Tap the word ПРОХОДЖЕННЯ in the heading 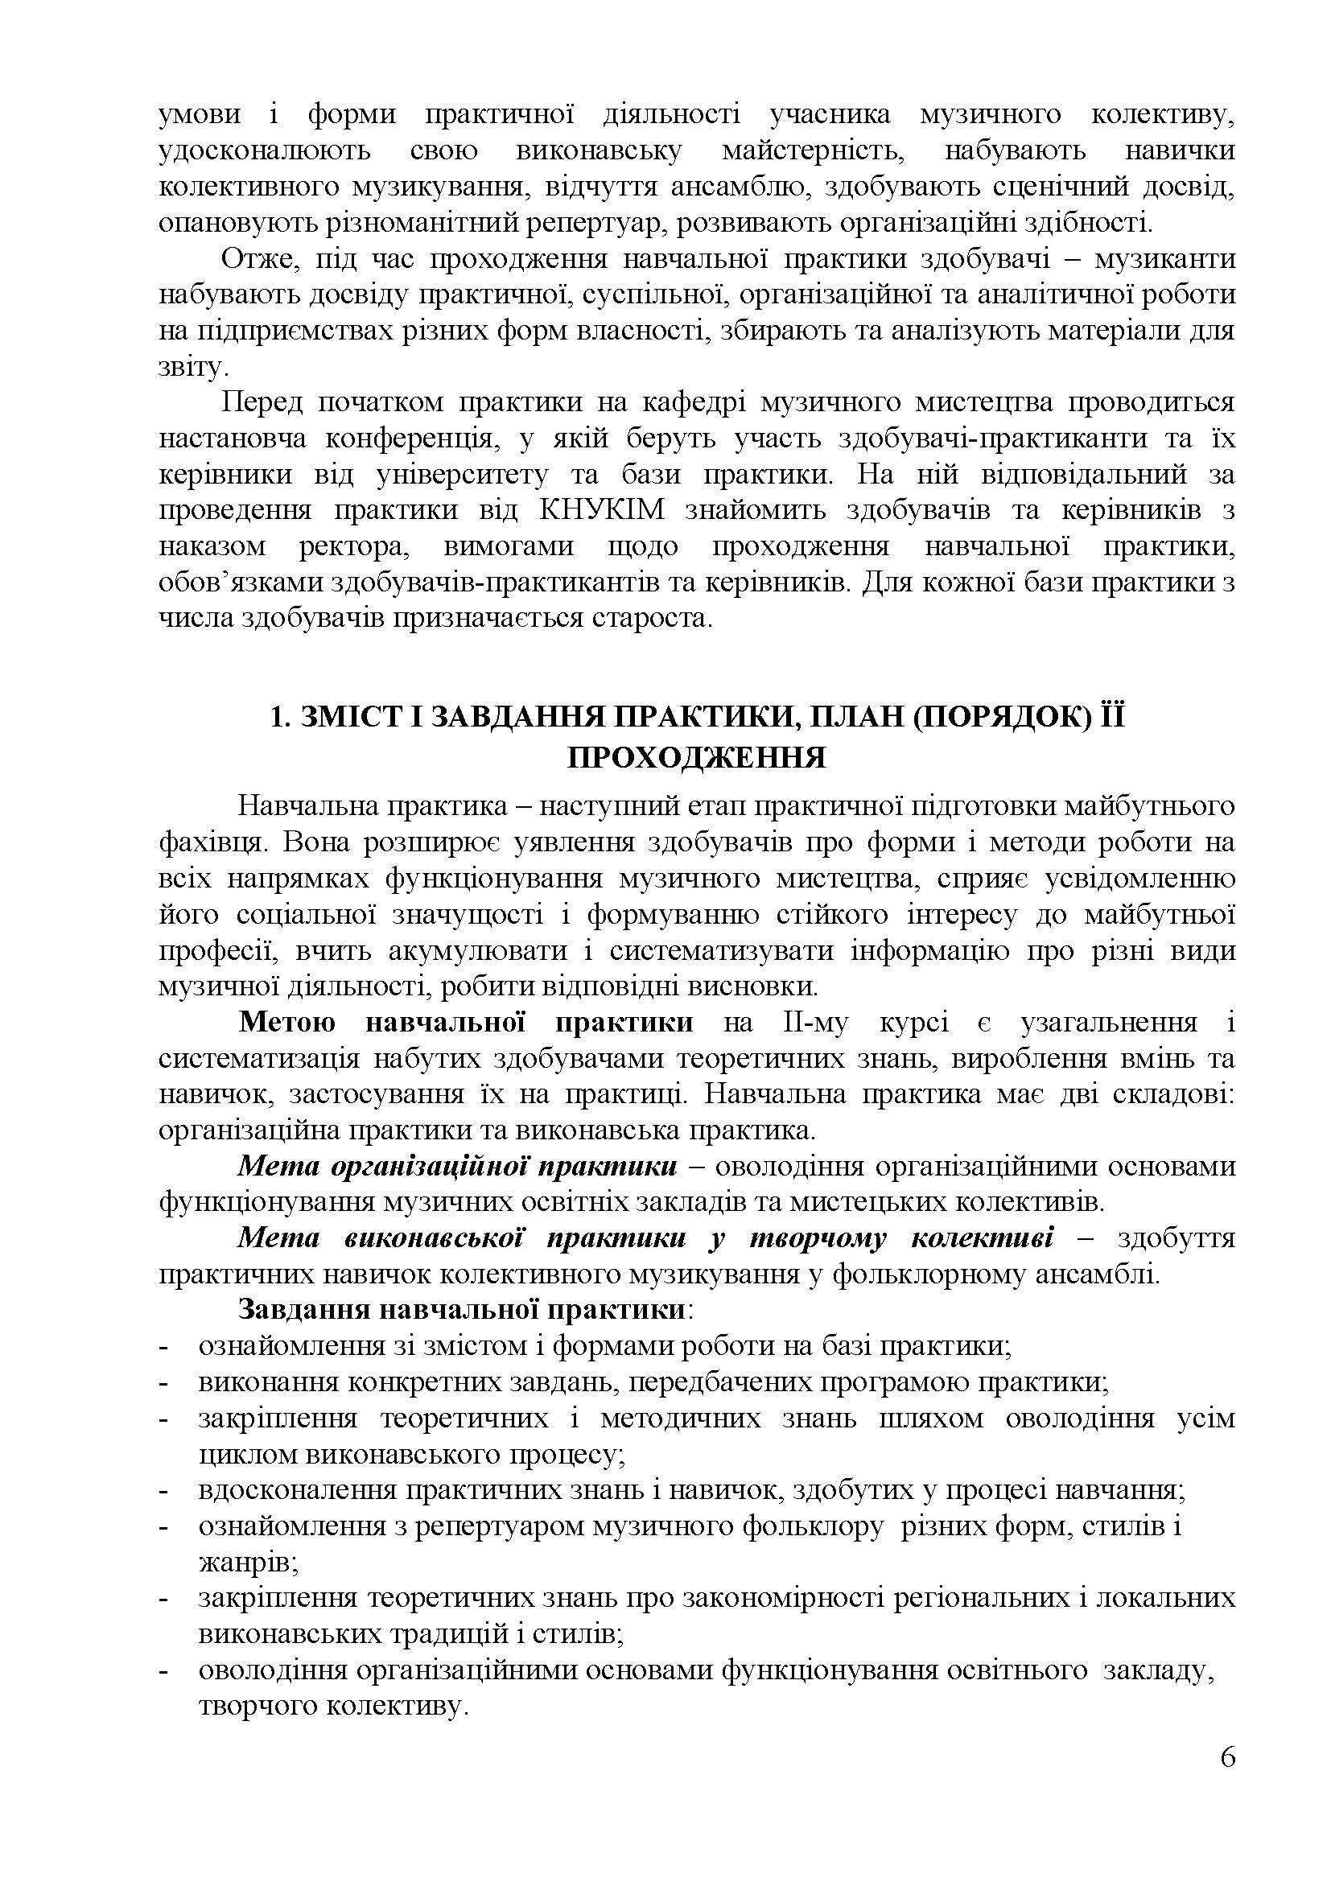click(x=697, y=758)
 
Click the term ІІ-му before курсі click(x=810, y=1022)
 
